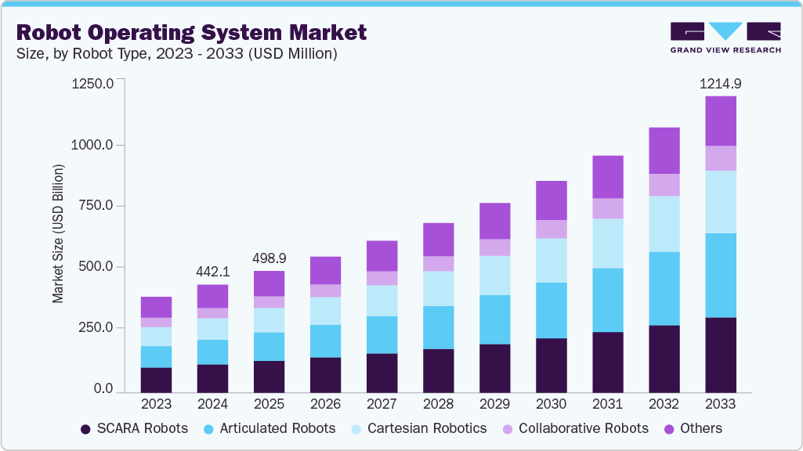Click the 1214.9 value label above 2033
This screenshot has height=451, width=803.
720,84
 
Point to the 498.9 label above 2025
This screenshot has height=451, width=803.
269,258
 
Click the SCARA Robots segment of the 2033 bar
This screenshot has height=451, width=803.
720,354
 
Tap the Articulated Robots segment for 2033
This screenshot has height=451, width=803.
720,275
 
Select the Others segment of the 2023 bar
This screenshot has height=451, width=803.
156,307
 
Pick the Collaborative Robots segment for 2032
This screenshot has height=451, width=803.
664,185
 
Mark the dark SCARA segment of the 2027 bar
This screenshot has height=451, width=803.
382,372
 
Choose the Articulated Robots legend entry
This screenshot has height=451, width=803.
270,428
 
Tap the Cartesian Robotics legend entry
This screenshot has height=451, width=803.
420,428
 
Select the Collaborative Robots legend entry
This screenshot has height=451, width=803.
576,428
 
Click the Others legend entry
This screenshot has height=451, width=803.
694,428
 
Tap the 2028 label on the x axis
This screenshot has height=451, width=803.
438,405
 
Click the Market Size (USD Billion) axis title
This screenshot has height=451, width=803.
58,235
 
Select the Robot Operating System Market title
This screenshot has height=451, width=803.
191,33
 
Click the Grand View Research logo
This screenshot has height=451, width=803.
725,37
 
